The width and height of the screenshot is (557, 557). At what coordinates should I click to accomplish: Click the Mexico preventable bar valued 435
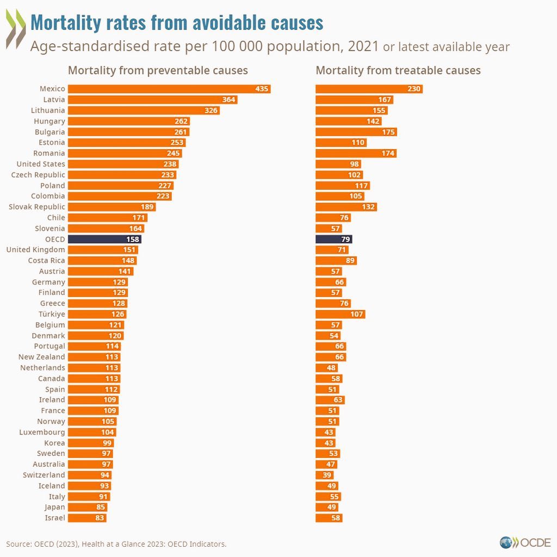click(169, 89)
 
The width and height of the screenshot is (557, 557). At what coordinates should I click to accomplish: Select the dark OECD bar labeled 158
click(104, 239)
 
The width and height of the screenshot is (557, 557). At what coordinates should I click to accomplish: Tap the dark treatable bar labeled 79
click(333, 239)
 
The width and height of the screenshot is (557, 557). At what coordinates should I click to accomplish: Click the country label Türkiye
click(52, 314)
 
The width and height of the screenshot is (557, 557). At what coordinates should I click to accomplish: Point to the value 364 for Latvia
click(229, 100)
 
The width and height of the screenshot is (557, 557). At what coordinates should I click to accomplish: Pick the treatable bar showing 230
click(369, 89)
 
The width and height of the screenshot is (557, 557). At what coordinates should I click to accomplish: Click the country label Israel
click(55, 518)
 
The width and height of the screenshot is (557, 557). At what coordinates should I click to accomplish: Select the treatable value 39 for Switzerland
click(327, 475)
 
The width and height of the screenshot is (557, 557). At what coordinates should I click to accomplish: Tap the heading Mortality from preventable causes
click(158, 70)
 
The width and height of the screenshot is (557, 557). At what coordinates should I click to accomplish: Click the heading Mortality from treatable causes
click(398, 70)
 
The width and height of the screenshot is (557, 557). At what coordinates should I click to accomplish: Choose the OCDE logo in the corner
click(525, 542)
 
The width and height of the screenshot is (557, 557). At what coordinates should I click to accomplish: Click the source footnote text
click(116, 544)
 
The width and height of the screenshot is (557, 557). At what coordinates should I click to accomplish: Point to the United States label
click(41, 164)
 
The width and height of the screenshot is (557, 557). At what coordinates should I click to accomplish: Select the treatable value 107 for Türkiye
click(357, 314)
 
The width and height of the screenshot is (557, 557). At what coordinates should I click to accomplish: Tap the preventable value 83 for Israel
click(99, 518)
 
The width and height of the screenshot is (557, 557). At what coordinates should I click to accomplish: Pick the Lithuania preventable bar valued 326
click(144, 110)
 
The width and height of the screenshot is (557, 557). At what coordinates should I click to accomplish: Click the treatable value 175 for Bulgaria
click(388, 132)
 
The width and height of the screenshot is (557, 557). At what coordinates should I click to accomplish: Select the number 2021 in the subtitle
click(363, 46)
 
